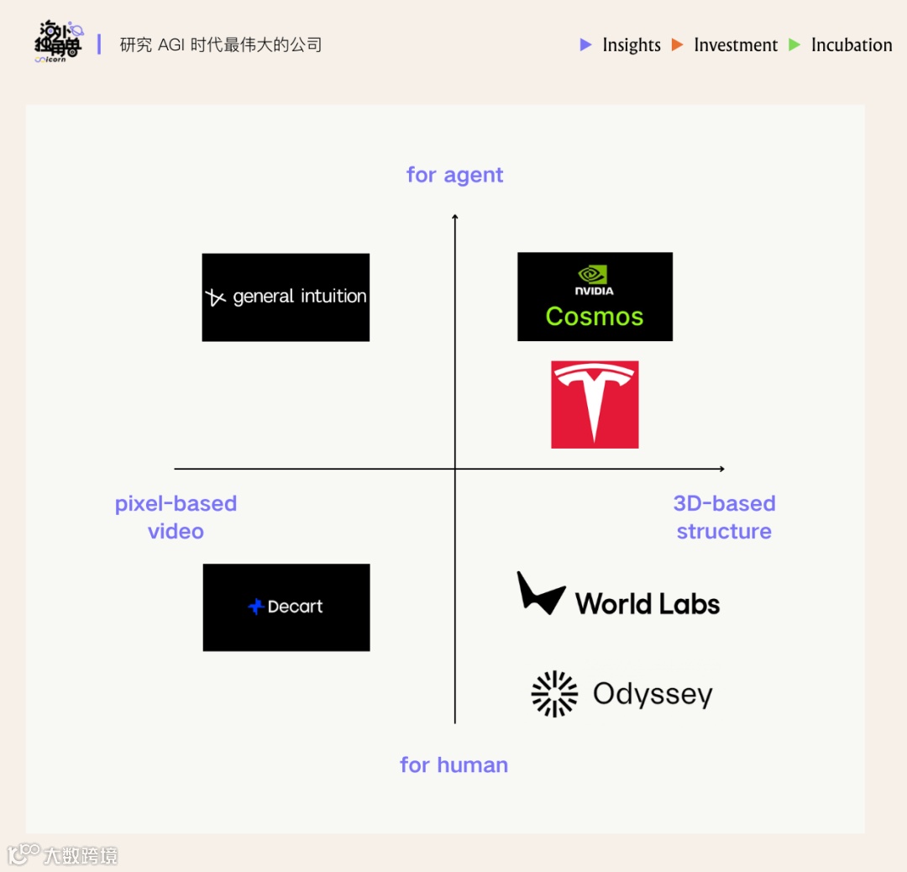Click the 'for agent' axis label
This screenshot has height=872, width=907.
coord(454,175)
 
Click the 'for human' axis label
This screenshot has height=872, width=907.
coord(453,764)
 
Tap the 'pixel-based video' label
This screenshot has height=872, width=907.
coord(176,517)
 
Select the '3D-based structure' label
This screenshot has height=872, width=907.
coord(724,517)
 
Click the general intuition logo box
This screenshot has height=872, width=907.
coord(286,297)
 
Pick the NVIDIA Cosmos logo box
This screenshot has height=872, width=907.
coord(595,297)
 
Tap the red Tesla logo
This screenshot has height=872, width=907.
coord(595,404)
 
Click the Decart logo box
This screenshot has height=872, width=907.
coord(286,607)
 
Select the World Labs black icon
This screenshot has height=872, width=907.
coord(540,594)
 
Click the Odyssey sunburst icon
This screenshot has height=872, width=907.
coord(555,694)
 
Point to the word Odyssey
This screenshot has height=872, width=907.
coord(653,695)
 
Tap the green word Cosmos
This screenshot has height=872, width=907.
coord(595,317)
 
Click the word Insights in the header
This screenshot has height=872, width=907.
coord(632,45)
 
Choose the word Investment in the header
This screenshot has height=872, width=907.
coord(736,45)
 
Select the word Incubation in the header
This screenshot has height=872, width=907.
coord(852,45)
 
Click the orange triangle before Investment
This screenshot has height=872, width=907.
coord(678,45)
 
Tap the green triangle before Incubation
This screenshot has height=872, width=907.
coord(794,45)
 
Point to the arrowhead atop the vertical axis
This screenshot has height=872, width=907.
coord(454,217)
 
